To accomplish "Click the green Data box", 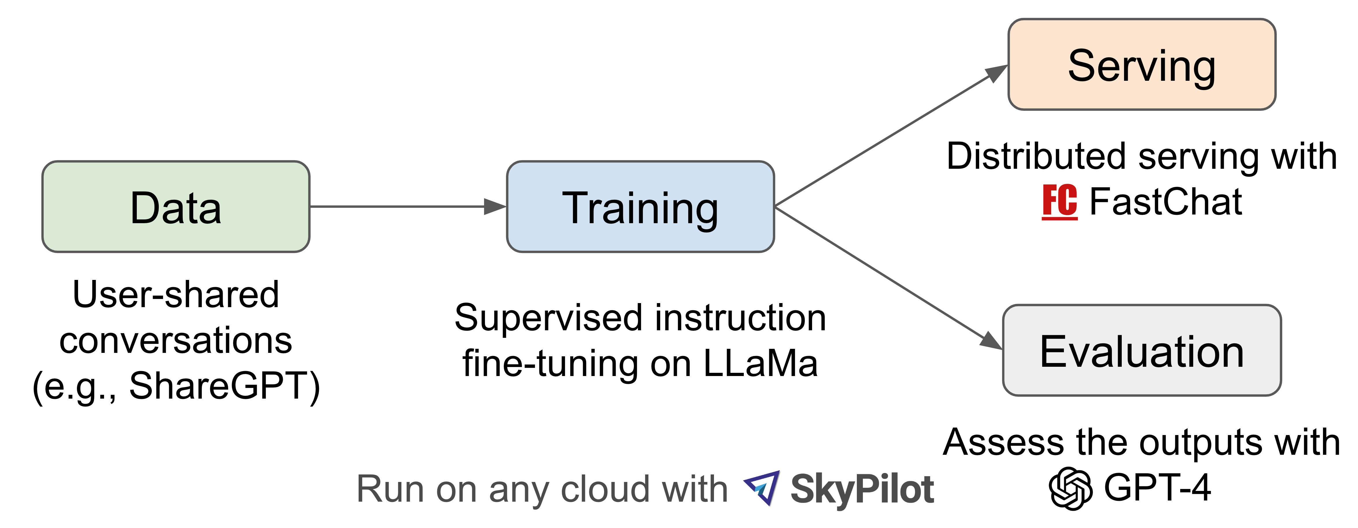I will point(176,207).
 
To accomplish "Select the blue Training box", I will point(640,207).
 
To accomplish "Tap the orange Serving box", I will point(1141,64).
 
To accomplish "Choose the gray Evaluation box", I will point(1141,350).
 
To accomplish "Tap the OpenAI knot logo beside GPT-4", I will point(1070,488).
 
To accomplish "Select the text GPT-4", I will point(1157,487).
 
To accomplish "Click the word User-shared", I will point(176,294).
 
